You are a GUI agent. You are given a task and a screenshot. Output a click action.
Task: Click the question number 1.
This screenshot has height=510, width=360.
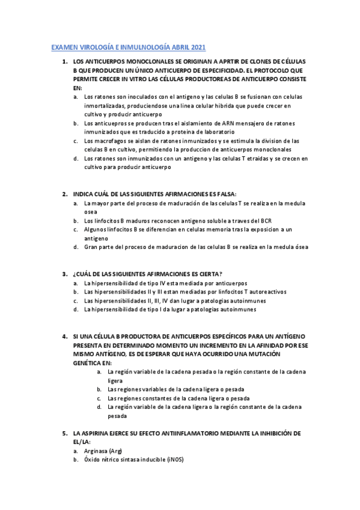[64, 61]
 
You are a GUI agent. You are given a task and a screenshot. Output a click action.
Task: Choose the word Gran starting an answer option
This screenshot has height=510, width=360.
[91, 247]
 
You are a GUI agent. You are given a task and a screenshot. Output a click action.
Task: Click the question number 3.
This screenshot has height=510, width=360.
[64, 274]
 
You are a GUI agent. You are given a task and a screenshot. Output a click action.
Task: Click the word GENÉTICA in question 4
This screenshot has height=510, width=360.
[87, 363]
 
